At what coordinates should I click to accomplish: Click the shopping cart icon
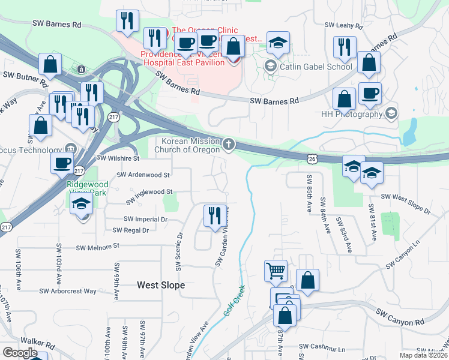pos(276,271)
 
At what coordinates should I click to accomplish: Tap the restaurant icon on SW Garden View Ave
pos(215,215)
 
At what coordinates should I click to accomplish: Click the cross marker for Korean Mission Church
pos(228,144)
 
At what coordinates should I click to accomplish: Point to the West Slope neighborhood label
pos(161,286)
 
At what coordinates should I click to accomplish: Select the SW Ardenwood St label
pos(143,175)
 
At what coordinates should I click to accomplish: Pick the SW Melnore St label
pos(98,245)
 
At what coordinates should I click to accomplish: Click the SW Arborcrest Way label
pos(68,291)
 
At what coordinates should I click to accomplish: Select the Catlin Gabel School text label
pos(315,67)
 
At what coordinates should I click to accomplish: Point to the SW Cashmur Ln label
pos(322,347)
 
